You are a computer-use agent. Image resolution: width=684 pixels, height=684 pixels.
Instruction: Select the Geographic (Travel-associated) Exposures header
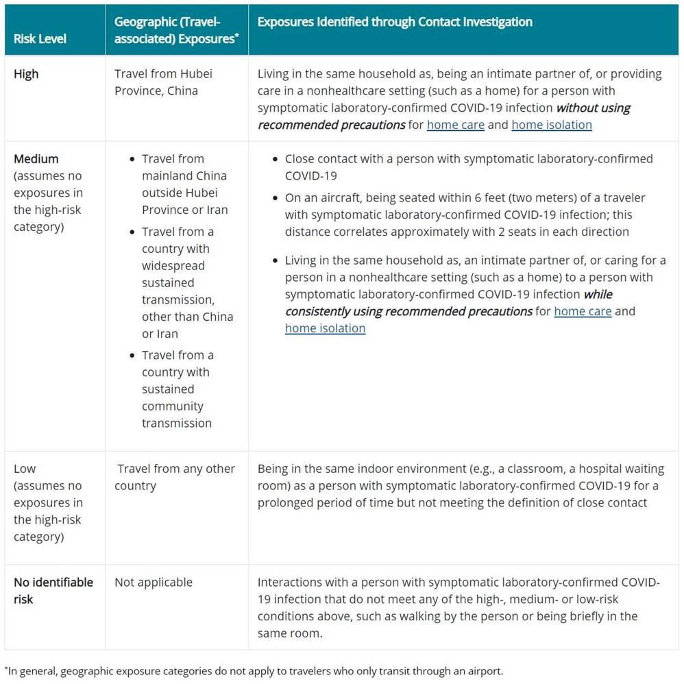click(x=176, y=30)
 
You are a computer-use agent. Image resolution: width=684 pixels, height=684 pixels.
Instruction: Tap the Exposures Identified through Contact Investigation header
click(x=395, y=22)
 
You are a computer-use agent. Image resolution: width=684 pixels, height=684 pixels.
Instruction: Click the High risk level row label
click(x=26, y=73)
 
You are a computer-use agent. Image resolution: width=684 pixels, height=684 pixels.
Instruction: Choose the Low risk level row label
click(x=25, y=469)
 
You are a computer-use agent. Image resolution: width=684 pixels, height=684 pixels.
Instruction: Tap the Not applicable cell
click(x=154, y=582)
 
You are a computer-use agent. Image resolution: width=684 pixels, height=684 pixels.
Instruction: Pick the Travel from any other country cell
click(x=175, y=477)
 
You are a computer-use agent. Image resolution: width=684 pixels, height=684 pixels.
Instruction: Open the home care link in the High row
click(x=455, y=125)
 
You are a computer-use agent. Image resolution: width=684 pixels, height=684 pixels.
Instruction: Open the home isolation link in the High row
click(x=551, y=125)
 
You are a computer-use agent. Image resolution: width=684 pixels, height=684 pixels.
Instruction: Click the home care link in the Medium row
click(x=582, y=311)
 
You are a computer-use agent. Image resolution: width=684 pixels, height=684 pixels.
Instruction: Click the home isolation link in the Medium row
click(x=325, y=328)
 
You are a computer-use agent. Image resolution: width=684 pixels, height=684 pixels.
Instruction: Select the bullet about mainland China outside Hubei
click(x=184, y=184)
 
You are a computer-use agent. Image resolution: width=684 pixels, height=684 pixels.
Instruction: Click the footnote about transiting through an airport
click(x=254, y=670)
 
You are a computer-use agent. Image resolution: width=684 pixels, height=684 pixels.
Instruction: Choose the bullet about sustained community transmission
click(x=178, y=389)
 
